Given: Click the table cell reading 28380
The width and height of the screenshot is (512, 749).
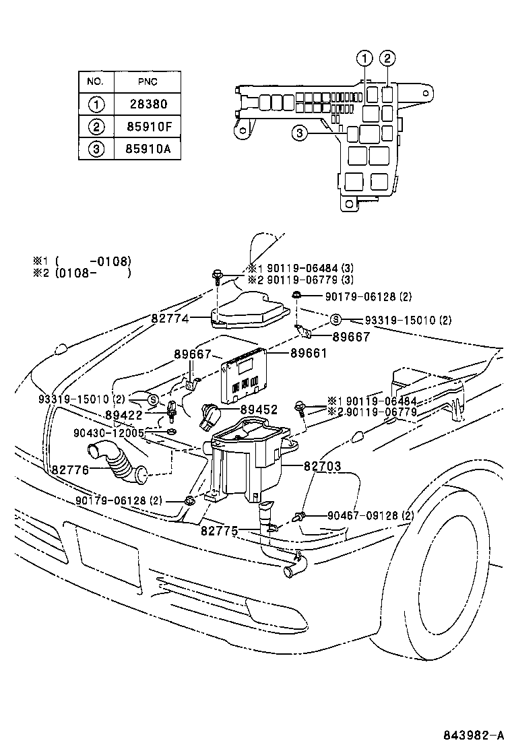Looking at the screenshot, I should click(x=147, y=104).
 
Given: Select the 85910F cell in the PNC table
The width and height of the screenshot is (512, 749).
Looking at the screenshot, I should click(x=147, y=126).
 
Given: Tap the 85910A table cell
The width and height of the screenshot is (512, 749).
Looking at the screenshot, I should click(x=147, y=148).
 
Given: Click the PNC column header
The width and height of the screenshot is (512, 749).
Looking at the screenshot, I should click(x=147, y=82).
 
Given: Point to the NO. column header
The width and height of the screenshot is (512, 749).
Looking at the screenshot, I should click(x=96, y=82).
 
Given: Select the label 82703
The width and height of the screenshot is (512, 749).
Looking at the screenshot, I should click(x=322, y=465).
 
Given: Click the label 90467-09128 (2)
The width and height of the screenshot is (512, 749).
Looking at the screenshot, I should click(x=370, y=516).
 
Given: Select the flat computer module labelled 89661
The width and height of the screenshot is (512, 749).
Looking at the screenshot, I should click(x=242, y=375).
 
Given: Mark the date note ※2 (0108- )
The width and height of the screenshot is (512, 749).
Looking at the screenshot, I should click(x=81, y=273).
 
